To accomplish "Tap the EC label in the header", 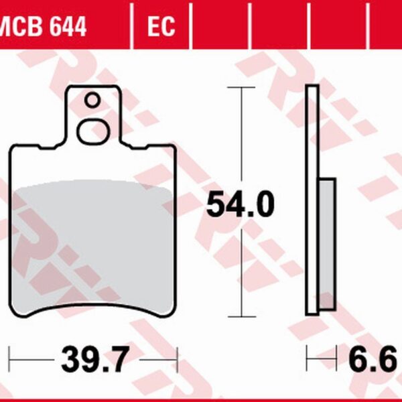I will (161, 27).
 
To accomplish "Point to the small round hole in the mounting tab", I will (92, 101).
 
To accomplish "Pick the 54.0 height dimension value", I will (239, 205).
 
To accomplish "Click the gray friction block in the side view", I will (326, 244).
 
